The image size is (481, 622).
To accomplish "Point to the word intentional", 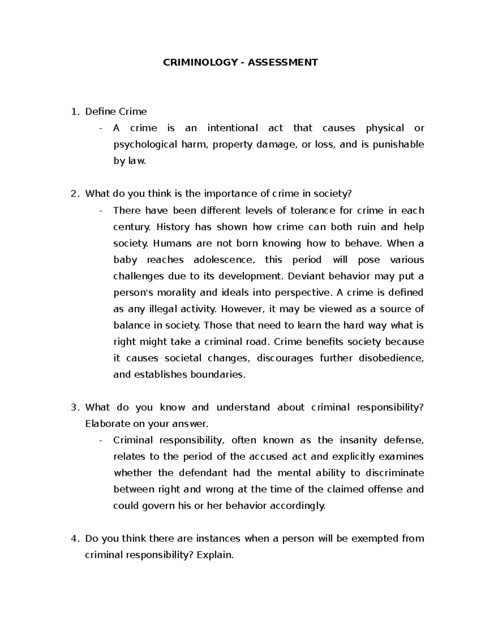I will coord(232,128).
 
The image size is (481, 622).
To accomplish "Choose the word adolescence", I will coord(224,260).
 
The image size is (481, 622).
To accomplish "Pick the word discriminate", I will coord(394,473).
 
